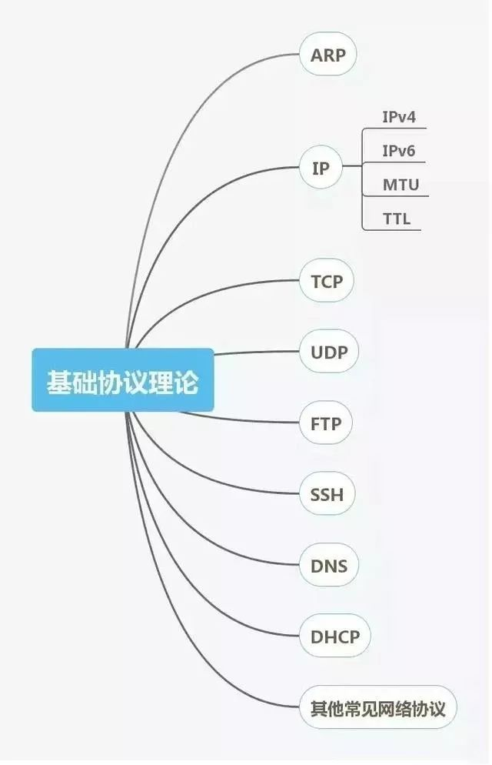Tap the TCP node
pyautogui.click(x=327, y=282)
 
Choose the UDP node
pyautogui.click(x=329, y=353)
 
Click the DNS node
pyautogui.click(x=329, y=566)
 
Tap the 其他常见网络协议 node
pyautogui.click(x=378, y=707)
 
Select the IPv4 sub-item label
pyautogui.click(x=398, y=118)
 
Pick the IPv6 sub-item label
pyautogui.click(x=399, y=151)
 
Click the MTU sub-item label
pyautogui.click(x=401, y=185)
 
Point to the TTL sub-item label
pyautogui.click(x=397, y=219)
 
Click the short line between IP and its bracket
pyautogui.click(x=351, y=166)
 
